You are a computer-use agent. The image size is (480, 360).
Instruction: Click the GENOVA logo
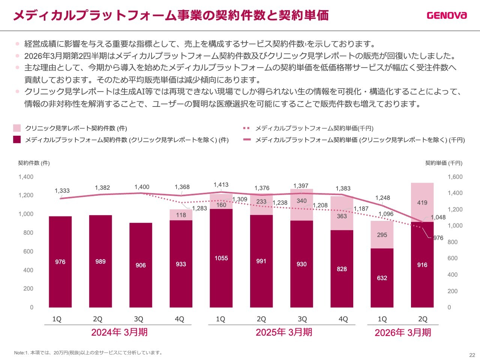pos(447,15)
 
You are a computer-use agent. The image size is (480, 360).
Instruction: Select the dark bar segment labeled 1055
pos(221,258)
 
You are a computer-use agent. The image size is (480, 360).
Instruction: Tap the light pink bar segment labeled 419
pos(422,202)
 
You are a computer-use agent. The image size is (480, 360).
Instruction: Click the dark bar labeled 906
pos(141,265)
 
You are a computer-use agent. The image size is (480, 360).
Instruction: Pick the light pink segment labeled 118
pos(181,215)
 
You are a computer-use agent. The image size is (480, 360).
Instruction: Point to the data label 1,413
pos(221,184)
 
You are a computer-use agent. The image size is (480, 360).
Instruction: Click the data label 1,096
pos(386,214)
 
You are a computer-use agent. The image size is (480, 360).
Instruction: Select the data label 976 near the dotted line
pos(438,238)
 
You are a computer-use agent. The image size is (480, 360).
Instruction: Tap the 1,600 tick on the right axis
pos(455,177)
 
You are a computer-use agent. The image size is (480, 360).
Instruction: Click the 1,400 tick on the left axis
pos(26,177)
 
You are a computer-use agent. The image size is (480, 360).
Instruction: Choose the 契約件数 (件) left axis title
pos(34,163)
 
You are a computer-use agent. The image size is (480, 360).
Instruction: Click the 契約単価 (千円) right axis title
pos(444,163)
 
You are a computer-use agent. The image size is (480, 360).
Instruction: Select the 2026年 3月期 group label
pos(403,333)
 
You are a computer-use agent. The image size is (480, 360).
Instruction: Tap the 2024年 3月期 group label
pos(119,332)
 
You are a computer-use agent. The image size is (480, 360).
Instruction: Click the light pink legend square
pos(17,128)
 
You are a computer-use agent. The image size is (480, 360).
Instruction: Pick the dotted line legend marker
pos(246,128)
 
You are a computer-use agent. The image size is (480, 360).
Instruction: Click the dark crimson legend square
pos(17,139)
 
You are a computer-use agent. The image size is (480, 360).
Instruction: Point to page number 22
pos(472,355)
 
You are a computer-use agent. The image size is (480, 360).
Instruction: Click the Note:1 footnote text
pos(88,352)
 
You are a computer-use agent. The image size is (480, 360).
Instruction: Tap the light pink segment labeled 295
pos(382,235)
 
